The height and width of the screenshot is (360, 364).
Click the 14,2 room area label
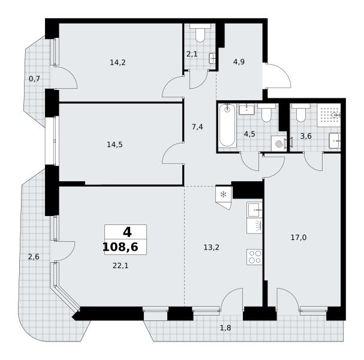coord(118,62)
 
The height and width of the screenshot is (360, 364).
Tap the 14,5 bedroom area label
coord(115,145)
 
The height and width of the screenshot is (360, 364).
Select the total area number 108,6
coord(121,247)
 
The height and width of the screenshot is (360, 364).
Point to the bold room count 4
coord(127,232)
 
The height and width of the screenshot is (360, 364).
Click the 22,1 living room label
coord(121,265)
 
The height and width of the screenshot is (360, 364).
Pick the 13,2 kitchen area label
coord(211,247)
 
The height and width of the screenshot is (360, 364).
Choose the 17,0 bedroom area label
coord(299,238)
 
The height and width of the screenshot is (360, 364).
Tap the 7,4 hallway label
coord(197,127)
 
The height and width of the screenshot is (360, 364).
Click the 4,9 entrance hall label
coord(239,62)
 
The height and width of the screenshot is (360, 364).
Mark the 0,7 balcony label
coord(34,79)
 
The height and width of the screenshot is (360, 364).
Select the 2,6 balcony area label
coord(34,257)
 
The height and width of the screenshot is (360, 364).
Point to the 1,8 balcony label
coord(225,328)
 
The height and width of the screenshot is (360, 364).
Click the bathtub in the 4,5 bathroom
coord(227,125)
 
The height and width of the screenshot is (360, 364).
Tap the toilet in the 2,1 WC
coord(200,33)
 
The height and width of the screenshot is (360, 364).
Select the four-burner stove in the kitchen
coord(255,257)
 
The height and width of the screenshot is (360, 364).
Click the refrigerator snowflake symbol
coord(223,194)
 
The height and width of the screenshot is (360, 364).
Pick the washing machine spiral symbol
coord(279,144)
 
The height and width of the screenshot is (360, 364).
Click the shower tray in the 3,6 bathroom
coord(329,115)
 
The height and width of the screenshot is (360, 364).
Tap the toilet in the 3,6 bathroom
coord(301,113)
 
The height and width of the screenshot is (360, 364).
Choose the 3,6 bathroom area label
coord(306,136)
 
